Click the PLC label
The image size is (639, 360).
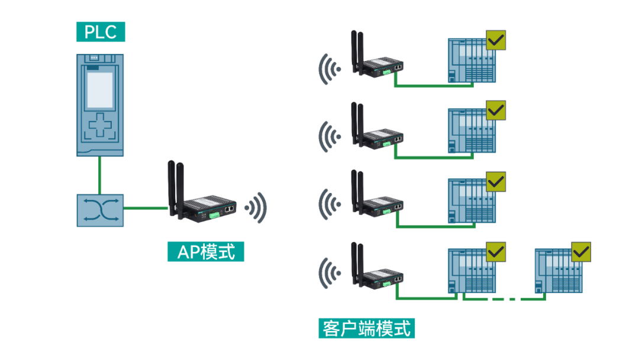tap(101, 32)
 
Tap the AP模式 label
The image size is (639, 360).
tap(206, 252)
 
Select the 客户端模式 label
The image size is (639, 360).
tap(366, 328)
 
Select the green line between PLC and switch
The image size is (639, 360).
tap(99, 175)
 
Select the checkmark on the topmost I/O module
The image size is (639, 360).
tap(496, 41)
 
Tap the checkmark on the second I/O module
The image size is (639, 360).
tap(496, 110)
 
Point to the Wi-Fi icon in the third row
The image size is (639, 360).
tap(329, 204)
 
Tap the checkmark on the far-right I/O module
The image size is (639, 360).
tap(581, 252)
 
